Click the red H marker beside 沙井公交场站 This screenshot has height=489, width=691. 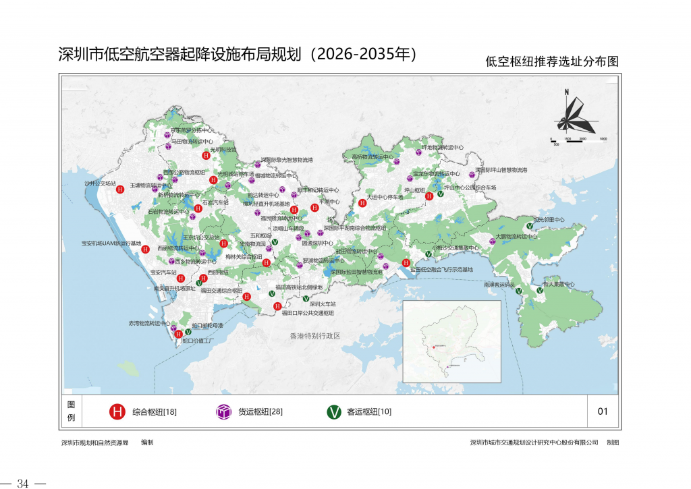point(120,190)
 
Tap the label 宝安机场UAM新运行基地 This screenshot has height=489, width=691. point(111,243)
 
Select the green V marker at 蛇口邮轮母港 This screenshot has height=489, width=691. point(188,331)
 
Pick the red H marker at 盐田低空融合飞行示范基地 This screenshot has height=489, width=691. point(406,263)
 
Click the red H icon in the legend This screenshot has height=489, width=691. point(117,411)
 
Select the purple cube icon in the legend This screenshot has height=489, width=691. point(223,411)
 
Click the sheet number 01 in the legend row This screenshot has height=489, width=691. point(603,411)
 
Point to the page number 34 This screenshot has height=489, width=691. point(23,483)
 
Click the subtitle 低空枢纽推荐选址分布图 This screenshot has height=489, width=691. point(551,61)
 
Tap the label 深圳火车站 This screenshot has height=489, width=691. point(323,304)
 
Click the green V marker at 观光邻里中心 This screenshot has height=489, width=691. point(530,226)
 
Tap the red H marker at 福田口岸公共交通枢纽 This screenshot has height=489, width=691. point(277,307)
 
